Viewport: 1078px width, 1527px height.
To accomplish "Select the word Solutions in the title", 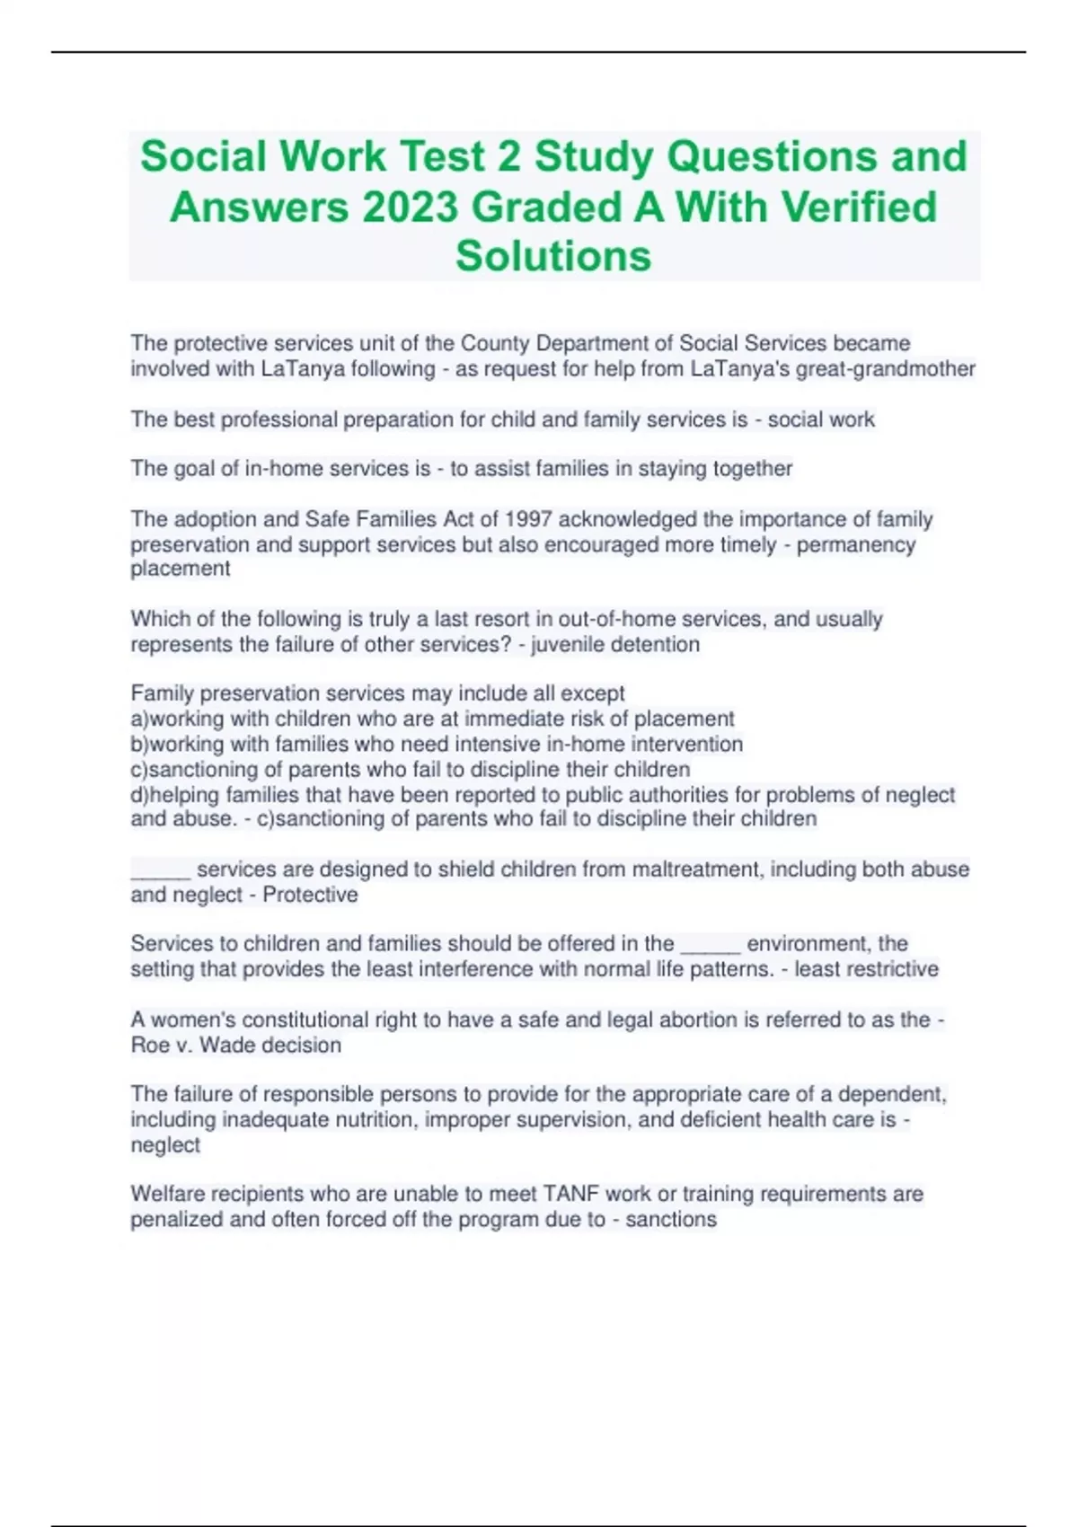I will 553,256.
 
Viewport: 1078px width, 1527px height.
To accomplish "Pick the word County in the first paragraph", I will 495,343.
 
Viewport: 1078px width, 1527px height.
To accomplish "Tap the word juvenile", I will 568,644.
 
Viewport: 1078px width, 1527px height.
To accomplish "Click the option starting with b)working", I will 437,744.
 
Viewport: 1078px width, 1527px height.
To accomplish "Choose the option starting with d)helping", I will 542,795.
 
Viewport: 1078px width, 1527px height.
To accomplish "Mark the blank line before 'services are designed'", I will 160,869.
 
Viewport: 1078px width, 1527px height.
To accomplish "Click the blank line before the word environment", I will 710,944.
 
